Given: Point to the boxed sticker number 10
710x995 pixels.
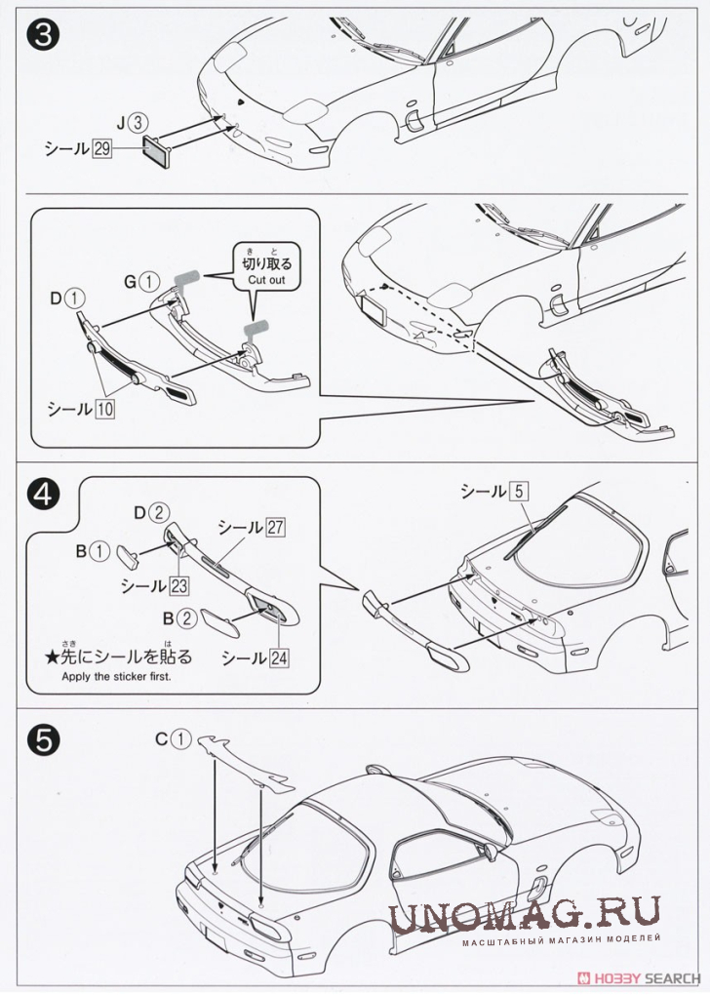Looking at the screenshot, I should [x=102, y=410].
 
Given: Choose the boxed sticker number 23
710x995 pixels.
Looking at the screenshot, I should [x=177, y=585].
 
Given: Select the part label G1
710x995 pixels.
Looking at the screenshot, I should [x=139, y=282].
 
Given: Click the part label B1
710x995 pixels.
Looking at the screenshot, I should [x=94, y=552].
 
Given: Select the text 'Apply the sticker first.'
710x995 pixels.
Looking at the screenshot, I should [x=116, y=676].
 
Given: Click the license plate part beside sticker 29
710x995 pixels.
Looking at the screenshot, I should [x=156, y=152].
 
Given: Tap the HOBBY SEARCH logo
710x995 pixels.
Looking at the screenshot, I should [x=640, y=977].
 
